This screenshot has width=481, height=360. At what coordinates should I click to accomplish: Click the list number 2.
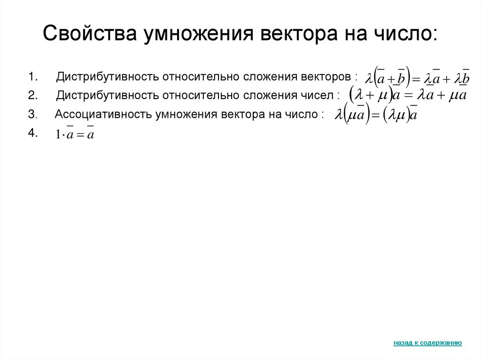point(32,96)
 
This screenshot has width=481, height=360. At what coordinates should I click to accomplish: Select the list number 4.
point(32,133)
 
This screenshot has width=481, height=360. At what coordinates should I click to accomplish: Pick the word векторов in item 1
point(329,76)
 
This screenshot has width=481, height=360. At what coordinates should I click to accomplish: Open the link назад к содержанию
point(427,343)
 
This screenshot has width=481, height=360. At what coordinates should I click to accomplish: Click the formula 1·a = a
point(74,134)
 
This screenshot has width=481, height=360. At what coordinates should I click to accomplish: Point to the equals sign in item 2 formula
point(408,95)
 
